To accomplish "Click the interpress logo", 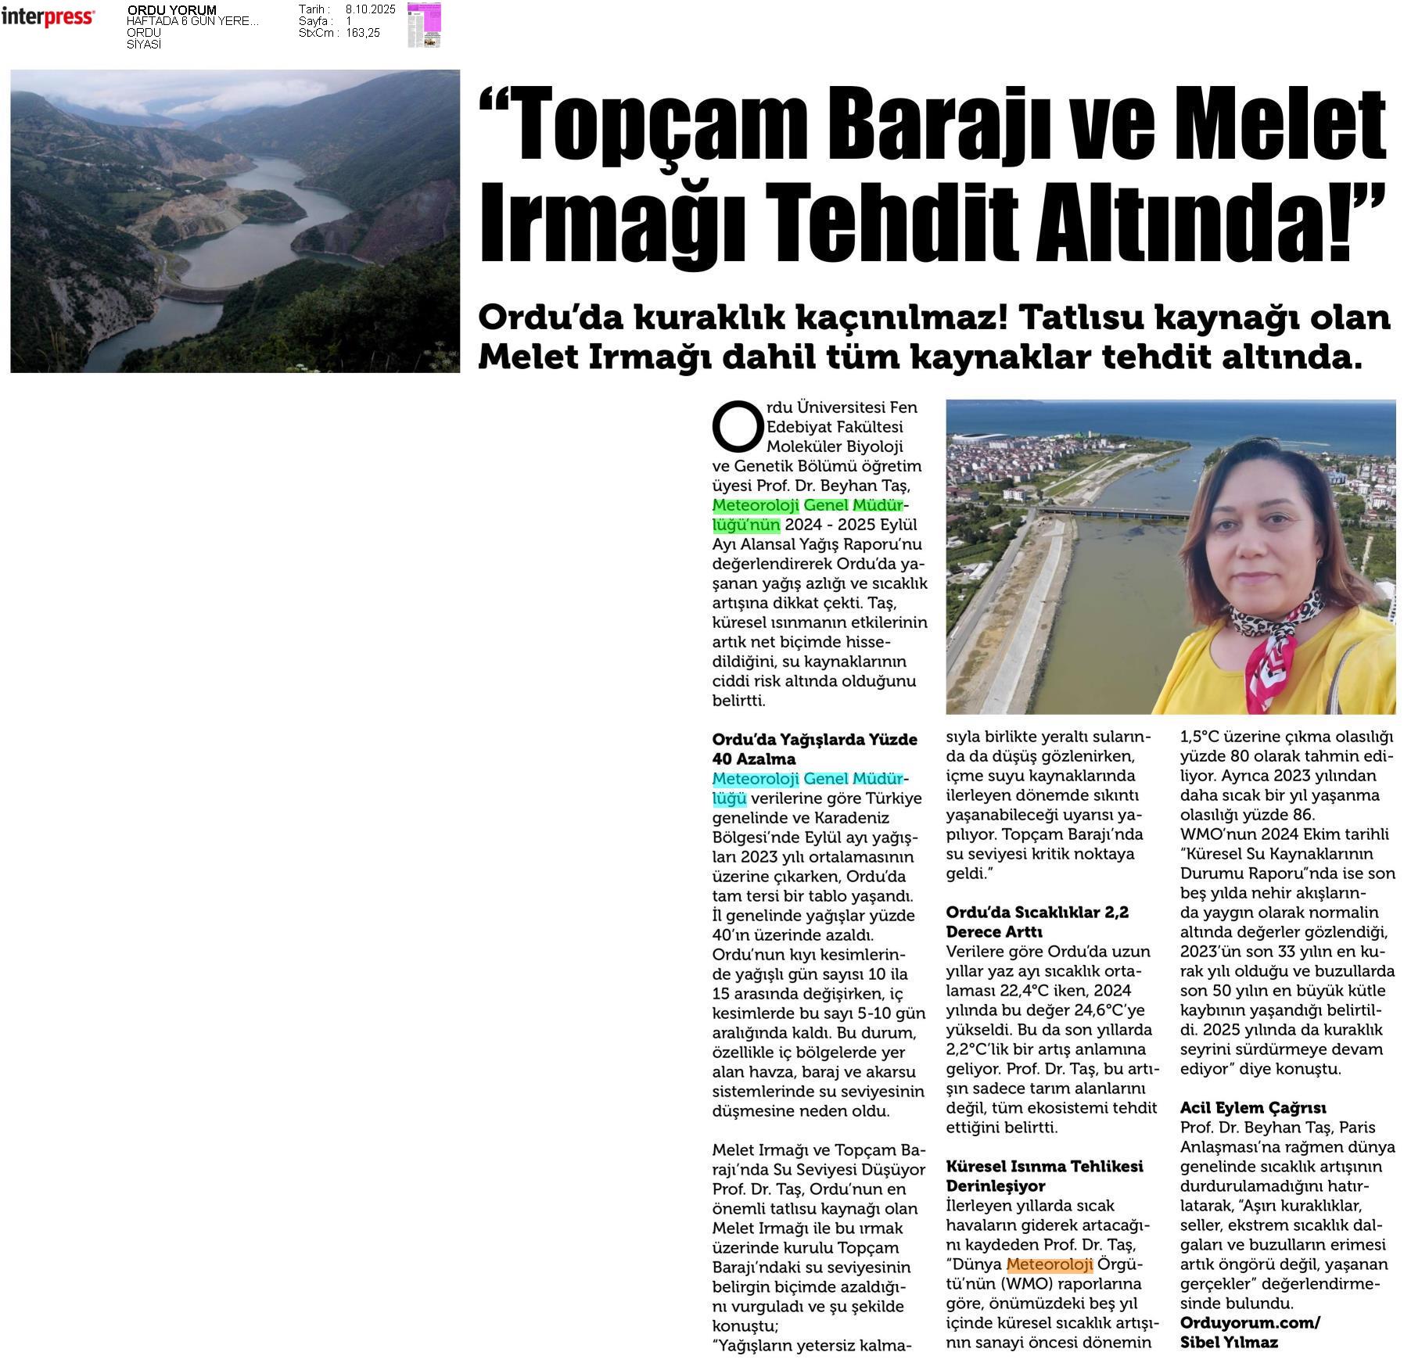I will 48,17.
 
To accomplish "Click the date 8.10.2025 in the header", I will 370,9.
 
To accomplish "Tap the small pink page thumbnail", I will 424,25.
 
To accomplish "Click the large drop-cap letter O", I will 736,426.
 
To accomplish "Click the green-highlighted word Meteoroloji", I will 756,505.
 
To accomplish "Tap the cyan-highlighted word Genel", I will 826,779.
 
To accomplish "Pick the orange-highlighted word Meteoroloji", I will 1050,1264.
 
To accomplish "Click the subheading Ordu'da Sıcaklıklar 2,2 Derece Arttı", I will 1036,922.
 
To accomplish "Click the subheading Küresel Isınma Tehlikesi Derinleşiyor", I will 1044,1176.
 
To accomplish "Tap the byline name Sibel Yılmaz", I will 1229,1343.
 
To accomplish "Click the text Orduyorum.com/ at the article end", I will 1250,1323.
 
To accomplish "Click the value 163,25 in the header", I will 363,33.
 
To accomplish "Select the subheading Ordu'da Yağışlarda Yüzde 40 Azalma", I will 814,749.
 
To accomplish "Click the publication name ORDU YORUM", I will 171,10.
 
